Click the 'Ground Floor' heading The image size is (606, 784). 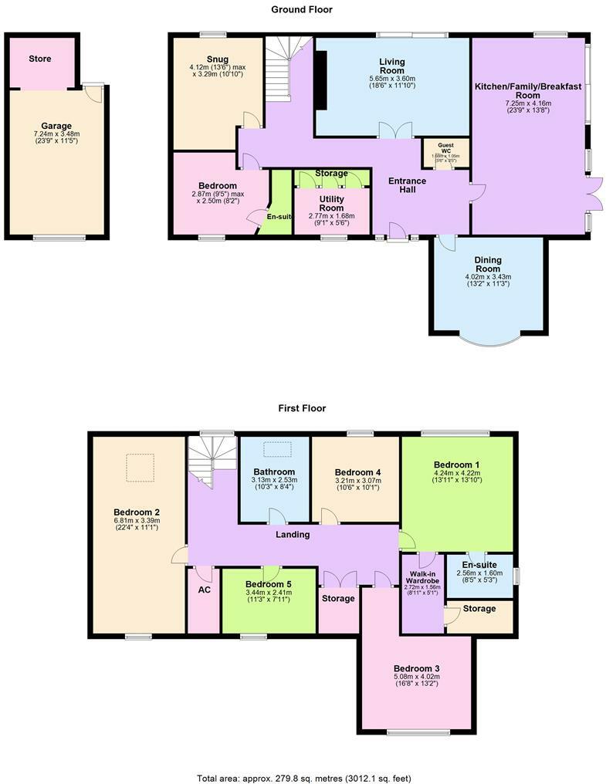coord(302,9)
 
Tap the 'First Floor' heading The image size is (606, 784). coord(302,408)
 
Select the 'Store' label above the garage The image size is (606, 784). coord(40,59)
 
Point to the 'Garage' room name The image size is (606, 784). coord(56,126)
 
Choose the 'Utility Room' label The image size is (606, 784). coord(331,204)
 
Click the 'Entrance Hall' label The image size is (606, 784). coord(407,185)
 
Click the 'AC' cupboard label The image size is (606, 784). coord(204,590)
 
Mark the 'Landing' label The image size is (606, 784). coord(293,534)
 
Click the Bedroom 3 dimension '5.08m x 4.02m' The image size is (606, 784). coord(416,679)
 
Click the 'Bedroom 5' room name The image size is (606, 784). coord(268,584)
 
